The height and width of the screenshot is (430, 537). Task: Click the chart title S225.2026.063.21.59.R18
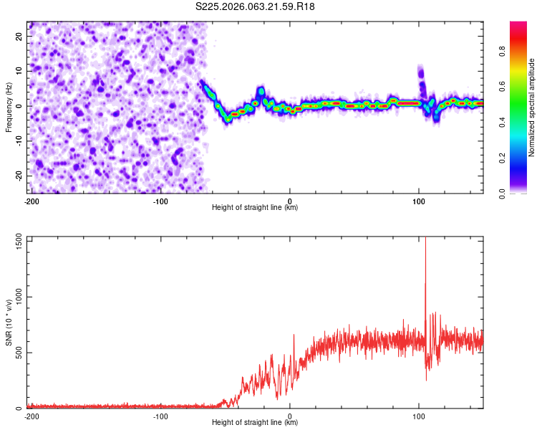[x=256, y=7]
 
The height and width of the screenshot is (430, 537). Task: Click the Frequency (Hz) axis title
[x=9, y=107]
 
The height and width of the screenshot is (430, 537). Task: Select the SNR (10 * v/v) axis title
[x=9, y=322]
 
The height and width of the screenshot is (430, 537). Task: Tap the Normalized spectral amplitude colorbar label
[x=532, y=107]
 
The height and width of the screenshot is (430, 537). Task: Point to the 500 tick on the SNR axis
[x=18, y=353]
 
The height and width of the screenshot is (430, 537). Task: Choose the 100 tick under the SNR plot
[x=419, y=416]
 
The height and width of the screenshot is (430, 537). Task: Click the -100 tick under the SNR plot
[x=160, y=416]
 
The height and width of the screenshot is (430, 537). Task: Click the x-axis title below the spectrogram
[x=255, y=208]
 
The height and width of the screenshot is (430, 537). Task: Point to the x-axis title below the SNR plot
[x=255, y=423]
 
